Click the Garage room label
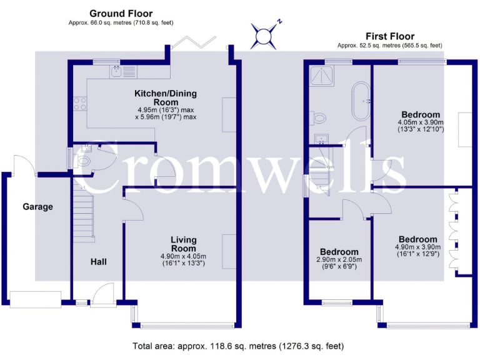coord(37,207)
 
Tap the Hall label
coord(99,262)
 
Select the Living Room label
coord(183,244)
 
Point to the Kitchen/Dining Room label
coord(166,97)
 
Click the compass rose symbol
coord(264,36)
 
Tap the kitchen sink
coord(116,72)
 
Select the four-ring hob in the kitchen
coord(80,104)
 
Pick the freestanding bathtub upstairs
coord(361,101)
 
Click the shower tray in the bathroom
coord(321,76)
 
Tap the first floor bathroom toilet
coord(318,118)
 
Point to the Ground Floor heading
coord(121,14)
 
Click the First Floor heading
coord(390,36)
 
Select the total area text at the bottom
coord(238,346)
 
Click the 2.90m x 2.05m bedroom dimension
coord(339,263)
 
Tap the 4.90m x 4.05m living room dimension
coord(183,259)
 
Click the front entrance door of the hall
coord(104,294)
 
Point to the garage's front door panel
coord(36,300)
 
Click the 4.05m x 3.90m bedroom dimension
coord(421,126)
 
